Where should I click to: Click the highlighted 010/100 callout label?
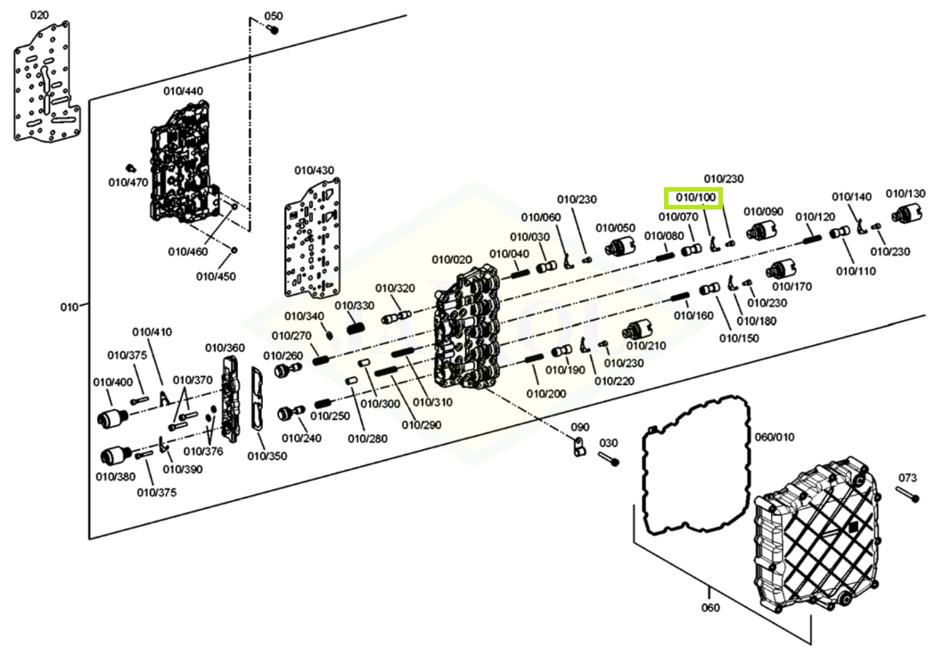click(695, 197)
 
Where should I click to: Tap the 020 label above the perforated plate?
click(40, 16)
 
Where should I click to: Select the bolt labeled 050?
click(274, 29)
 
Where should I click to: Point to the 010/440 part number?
click(183, 91)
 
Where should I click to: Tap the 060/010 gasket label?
click(774, 437)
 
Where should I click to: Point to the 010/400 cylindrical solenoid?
click(113, 417)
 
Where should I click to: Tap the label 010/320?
click(394, 288)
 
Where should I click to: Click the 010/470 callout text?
click(128, 183)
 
